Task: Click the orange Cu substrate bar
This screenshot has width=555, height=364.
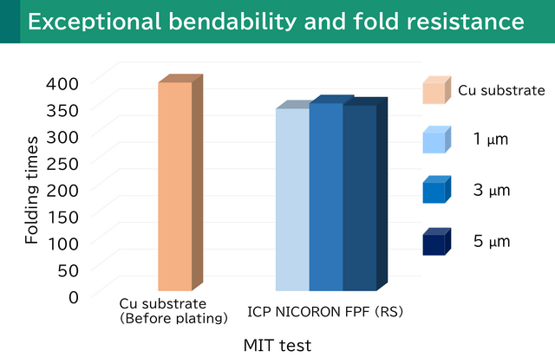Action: pyautogui.click(x=175, y=186)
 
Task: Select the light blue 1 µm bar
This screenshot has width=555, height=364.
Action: pyautogui.click(x=292, y=199)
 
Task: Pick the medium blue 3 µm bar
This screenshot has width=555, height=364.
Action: pyautogui.click(x=326, y=197)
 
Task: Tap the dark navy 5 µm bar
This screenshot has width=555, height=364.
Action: pyautogui.click(x=359, y=198)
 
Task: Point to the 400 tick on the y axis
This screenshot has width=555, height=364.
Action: pyautogui.click(x=62, y=82)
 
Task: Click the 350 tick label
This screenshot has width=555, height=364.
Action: pyautogui.click(x=62, y=109)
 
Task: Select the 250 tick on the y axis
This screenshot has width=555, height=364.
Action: pyautogui.click(x=62, y=162)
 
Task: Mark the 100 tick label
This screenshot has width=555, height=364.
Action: pyautogui.click(x=62, y=242)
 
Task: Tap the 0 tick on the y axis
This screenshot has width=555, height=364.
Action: pyautogui.click(x=74, y=296)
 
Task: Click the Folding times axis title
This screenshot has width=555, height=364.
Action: pyautogui.click(x=31, y=189)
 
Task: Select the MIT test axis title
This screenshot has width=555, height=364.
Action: pyautogui.click(x=277, y=345)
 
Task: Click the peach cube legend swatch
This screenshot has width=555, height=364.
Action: pyautogui.click(x=436, y=90)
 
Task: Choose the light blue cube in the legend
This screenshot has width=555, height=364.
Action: pyautogui.click(x=436, y=140)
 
